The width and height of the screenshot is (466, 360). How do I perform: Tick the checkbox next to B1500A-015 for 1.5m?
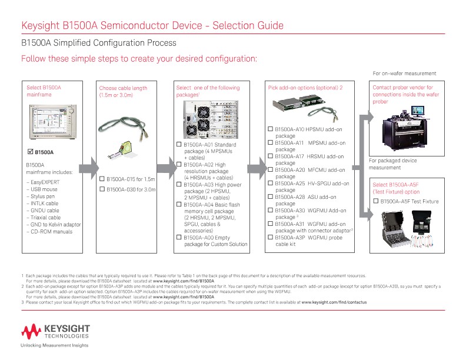102,179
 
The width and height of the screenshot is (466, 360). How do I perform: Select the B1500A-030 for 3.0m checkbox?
102,189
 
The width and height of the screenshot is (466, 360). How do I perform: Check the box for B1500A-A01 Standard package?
179,145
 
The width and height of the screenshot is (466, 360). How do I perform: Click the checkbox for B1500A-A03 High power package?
179,184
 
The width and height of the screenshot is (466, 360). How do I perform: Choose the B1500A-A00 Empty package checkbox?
179,237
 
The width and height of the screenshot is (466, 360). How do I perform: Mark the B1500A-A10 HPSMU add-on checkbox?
271,129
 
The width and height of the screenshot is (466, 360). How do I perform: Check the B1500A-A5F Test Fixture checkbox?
376,201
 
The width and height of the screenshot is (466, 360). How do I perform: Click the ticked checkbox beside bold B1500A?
31,152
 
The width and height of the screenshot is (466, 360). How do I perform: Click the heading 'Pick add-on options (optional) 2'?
305,88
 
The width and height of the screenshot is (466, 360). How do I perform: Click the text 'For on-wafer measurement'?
405,74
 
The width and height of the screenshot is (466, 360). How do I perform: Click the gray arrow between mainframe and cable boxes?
89,164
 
